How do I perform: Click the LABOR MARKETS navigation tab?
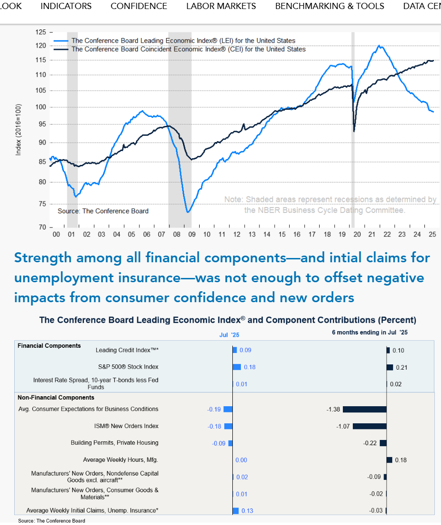[221, 6]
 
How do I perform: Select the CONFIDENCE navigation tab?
[139, 6]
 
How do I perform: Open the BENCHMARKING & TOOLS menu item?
[330, 6]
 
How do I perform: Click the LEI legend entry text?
[183, 41]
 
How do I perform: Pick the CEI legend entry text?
[188, 49]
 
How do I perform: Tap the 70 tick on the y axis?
[43, 227]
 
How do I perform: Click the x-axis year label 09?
[192, 235]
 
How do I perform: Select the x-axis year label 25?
[432, 235]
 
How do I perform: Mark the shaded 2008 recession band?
[180, 128]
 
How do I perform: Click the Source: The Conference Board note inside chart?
[103, 211]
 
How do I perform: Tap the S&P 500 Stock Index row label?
[127, 367]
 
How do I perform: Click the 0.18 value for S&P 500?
[249, 367]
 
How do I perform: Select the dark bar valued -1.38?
[365, 409]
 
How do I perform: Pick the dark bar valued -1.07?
[369, 426]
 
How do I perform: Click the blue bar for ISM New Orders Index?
[228, 426]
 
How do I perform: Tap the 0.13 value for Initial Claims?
[247, 511]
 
